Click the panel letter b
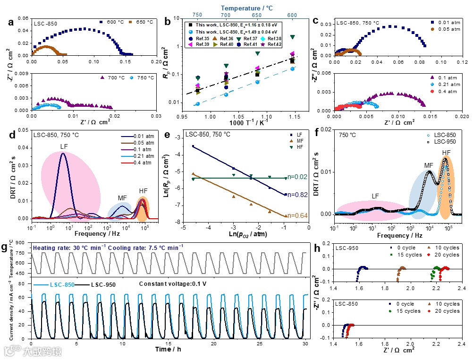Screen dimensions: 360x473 point(168,22)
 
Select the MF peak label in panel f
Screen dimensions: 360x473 point(430,165)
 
